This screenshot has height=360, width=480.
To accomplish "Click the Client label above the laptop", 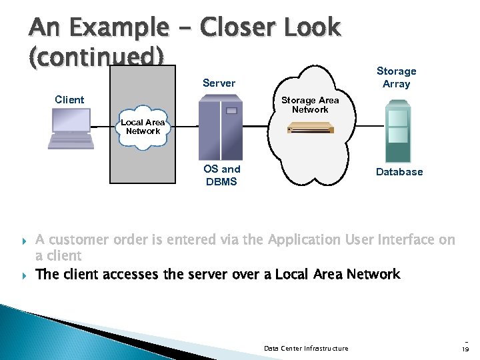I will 69,100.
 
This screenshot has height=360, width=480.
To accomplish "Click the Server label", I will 219,83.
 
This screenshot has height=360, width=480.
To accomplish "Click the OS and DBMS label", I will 221,175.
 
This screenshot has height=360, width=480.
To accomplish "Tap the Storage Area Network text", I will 310,105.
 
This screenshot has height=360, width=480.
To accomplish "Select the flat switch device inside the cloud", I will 309,128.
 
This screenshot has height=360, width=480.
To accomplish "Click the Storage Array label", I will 396,77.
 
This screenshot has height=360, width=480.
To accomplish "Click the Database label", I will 399,172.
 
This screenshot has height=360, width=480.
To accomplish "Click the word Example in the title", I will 118,27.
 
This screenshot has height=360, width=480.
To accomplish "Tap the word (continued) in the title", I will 96,57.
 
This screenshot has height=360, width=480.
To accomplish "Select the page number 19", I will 465,349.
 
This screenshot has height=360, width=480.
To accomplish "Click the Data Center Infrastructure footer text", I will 306,348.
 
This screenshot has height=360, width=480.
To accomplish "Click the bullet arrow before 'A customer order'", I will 25,240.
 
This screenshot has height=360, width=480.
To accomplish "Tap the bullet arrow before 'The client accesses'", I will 25,274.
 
